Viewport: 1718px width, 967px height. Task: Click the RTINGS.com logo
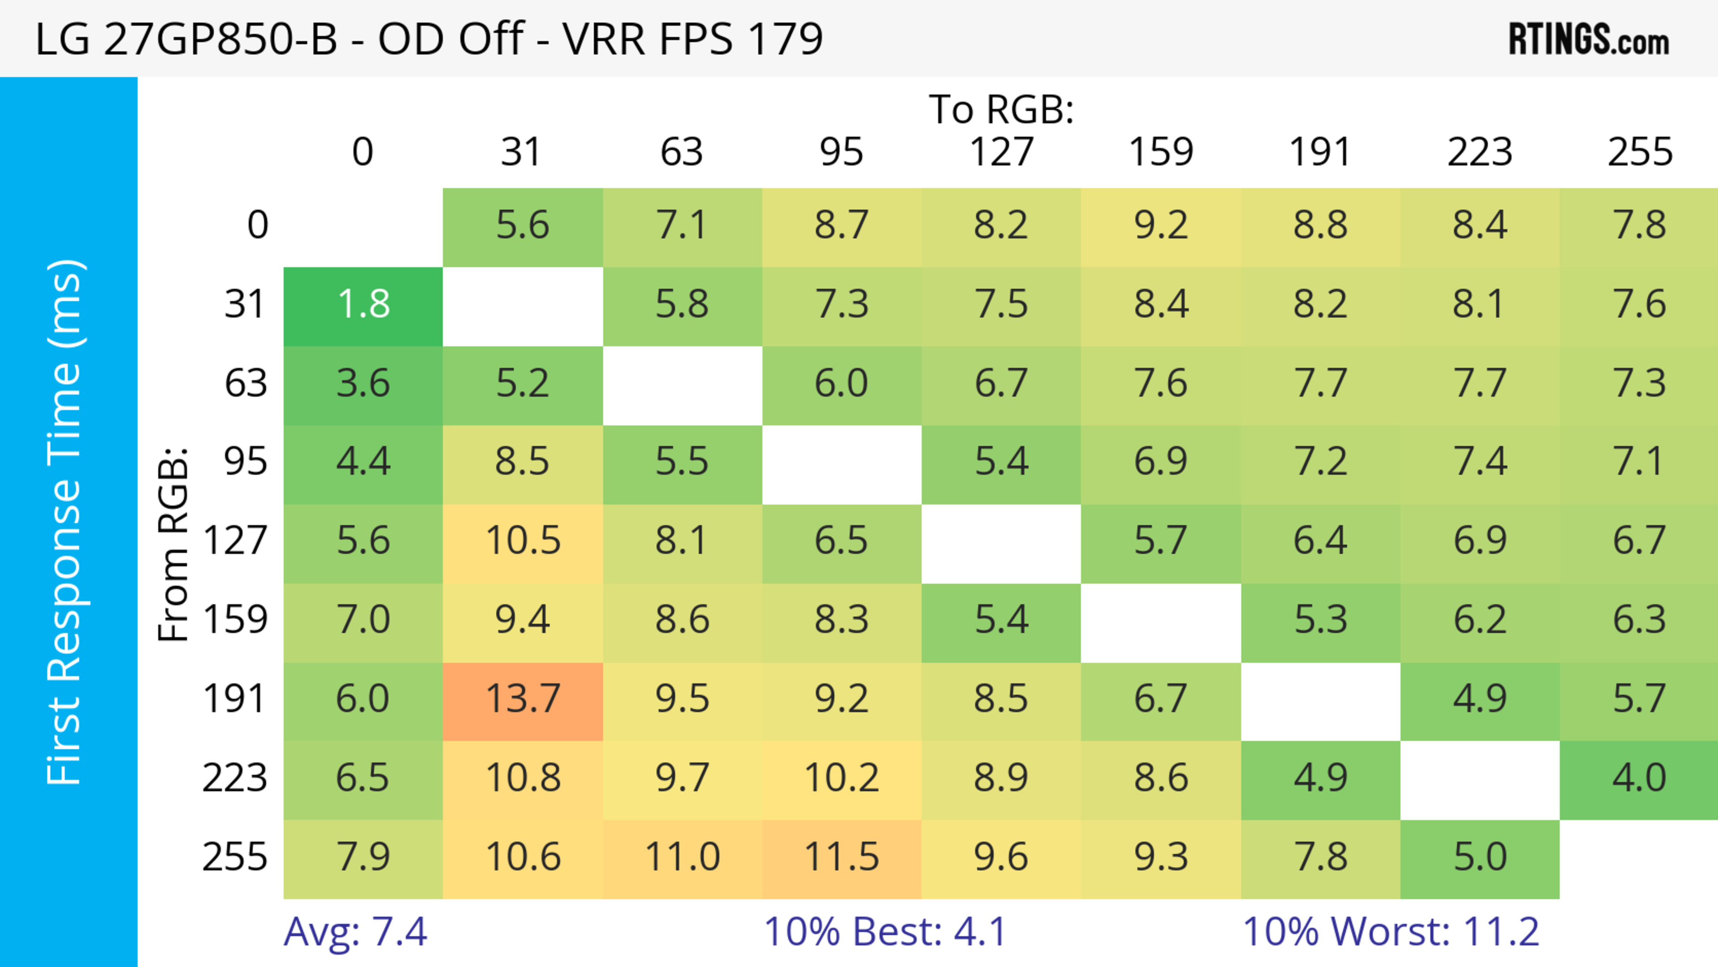pyautogui.click(x=1589, y=38)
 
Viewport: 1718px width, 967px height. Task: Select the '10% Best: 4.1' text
pyautogui.click(x=885, y=932)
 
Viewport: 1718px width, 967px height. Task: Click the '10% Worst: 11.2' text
pyautogui.click(x=1391, y=932)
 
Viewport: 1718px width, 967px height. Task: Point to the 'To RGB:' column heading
pyautogui.click(x=1001, y=109)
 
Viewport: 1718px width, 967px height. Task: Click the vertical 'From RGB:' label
pyautogui.click(x=174, y=544)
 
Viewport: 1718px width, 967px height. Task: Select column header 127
pyautogui.click(x=1001, y=152)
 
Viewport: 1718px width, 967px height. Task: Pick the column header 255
pyautogui.click(x=1639, y=152)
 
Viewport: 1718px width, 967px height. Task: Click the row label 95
pyautogui.click(x=246, y=461)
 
